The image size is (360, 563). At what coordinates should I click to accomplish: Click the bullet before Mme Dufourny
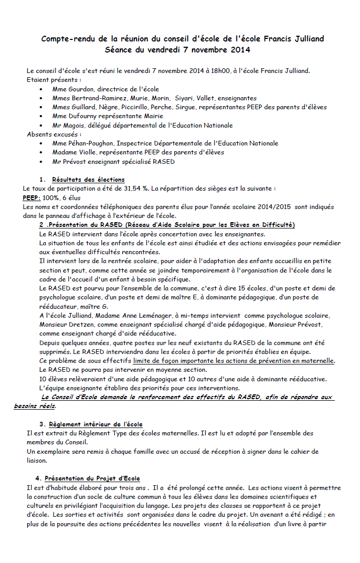pyautogui.click(x=41, y=117)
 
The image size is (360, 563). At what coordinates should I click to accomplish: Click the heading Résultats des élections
pyautogui.click(x=88, y=180)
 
